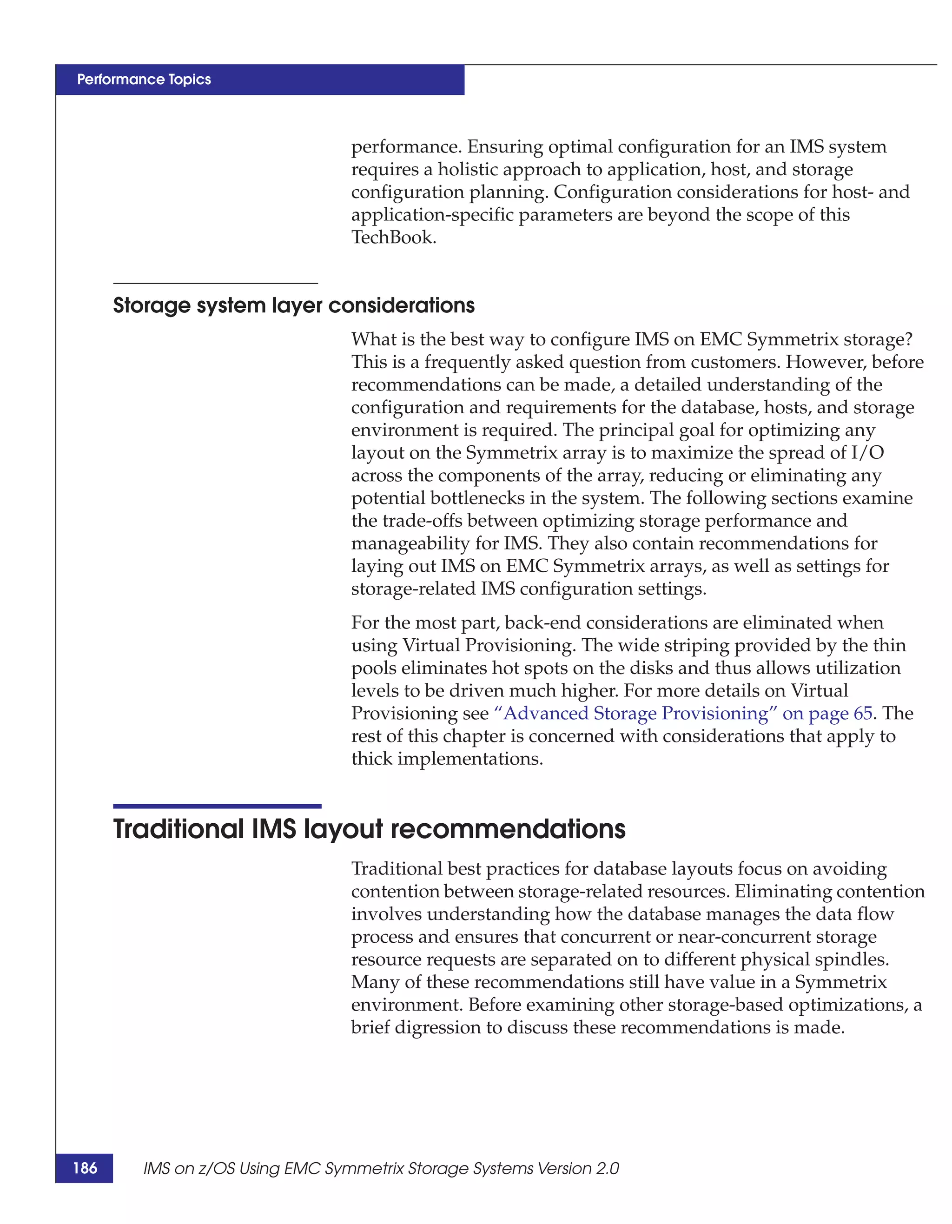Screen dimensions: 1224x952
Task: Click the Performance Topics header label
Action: [144, 79]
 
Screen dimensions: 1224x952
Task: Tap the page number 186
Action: [85, 1168]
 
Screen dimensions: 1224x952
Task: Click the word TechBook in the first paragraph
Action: [393, 238]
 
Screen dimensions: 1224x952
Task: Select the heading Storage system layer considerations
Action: [294, 305]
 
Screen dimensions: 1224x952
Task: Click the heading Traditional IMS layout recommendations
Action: [369, 829]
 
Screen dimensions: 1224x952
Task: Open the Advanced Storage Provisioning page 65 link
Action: [682, 714]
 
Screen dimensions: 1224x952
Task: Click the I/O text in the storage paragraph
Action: [867, 453]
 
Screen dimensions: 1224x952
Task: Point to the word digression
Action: [448, 1027]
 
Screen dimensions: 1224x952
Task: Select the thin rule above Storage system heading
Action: [215, 284]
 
